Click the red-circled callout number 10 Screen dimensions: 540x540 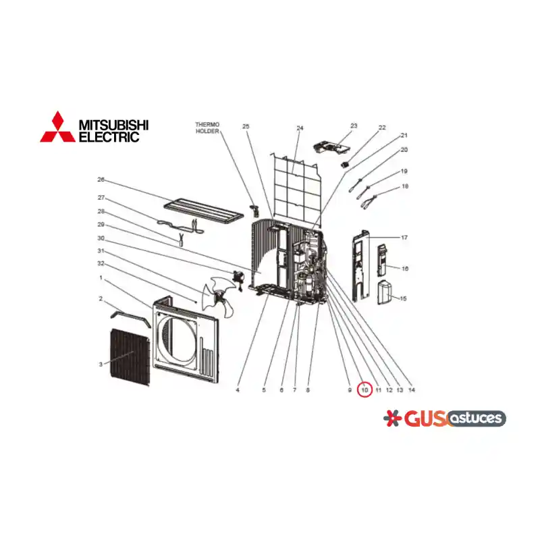click(x=364, y=390)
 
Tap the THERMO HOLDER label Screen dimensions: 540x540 click(x=207, y=128)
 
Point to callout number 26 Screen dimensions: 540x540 click(x=101, y=180)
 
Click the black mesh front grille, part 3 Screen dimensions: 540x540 click(x=130, y=357)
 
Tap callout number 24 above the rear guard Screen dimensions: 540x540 click(x=300, y=128)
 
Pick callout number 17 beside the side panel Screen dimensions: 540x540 click(x=404, y=238)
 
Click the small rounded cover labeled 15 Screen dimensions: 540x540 click(x=385, y=292)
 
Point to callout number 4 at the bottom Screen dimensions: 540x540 click(x=238, y=390)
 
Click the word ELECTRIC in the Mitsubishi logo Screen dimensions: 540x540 click(x=109, y=137)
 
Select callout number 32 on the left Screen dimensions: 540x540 click(x=101, y=263)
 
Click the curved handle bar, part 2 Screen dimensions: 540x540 click(x=130, y=318)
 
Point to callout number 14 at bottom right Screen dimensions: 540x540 click(x=412, y=390)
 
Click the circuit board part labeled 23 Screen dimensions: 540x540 click(x=331, y=147)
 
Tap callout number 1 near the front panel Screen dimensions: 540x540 click(x=101, y=277)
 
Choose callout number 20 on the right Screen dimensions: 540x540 click(x=404, y=150)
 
